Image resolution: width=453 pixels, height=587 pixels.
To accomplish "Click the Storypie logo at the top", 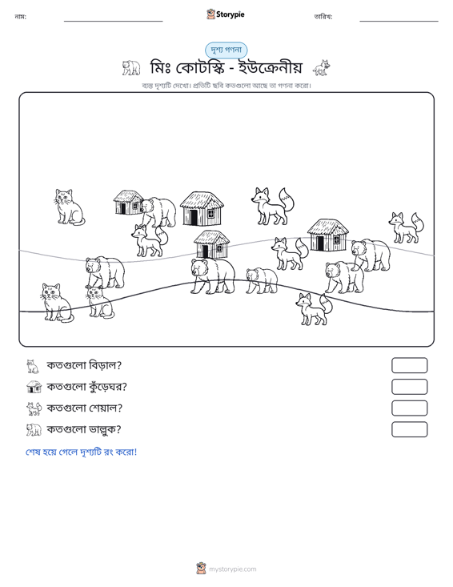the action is point(226,14).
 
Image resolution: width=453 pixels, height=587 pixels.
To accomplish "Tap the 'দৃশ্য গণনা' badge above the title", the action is point(226,50).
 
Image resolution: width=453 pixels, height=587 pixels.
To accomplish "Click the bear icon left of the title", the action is point(131,68).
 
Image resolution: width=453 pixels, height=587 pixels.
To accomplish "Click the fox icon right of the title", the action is point(322,68).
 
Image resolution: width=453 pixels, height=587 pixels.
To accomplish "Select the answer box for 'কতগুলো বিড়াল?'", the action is point(409,365).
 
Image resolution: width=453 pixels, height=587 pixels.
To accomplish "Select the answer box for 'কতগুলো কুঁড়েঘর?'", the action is point(409,387).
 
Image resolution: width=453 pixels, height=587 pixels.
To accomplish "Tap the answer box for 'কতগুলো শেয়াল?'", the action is point(409,408).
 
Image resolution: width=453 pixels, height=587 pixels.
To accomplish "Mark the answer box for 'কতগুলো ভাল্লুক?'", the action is point(409,429).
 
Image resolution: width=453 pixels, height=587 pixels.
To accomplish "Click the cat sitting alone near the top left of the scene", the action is point(69,207).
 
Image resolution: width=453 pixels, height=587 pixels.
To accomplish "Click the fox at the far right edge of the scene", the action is point(406,227).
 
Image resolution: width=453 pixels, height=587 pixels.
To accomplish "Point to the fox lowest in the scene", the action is point(314,309).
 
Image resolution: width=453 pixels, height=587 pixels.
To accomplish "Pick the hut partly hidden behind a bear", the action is point(128,202).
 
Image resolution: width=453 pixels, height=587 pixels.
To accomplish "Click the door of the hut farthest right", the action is point(320,243).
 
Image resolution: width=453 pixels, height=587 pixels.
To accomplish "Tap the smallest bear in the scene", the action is point(262,280).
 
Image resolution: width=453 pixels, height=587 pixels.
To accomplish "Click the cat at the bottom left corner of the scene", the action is point(57,303).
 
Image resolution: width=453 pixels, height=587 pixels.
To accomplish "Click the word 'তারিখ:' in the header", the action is point(323,17).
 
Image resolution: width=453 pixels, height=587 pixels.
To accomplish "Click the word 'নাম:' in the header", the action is point(20,17).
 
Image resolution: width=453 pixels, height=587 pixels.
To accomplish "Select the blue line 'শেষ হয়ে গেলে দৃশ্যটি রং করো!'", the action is point(81,452).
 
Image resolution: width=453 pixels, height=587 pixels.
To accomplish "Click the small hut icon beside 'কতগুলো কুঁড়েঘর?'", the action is point(34,387).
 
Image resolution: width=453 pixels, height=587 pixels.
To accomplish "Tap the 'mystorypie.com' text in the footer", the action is point(233,569).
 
